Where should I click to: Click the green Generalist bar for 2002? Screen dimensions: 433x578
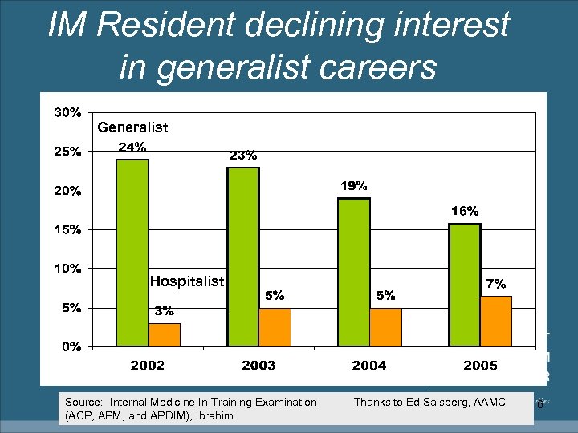(x=132, y=253)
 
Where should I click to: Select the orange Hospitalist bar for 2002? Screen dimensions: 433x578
(x=165, y=334)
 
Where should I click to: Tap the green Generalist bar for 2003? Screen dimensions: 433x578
(x=243, y=257)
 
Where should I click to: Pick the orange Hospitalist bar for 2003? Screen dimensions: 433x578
(x=275, y=327)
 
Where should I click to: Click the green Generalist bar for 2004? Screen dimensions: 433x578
(x=354, y=272)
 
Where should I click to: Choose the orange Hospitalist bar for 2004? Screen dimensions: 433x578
(x=385, y=327)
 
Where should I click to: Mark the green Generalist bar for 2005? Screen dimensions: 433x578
(x=464, y=285)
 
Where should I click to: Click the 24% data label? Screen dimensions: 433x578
(x=132, y=147)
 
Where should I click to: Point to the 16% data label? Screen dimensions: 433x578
(x=464, y=211)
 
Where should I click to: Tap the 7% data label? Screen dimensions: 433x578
(x=495, y=284)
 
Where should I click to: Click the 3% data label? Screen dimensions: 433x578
(x=164, y=310)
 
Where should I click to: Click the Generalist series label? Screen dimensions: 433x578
(x=132, y=127)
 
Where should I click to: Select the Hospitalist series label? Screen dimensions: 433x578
(x=187, y=281)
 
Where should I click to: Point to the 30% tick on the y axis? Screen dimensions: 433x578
(x=67, y=112)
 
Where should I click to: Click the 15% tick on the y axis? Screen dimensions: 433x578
(x=67, y=229)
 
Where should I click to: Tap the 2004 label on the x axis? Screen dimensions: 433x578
(x=368, y=366)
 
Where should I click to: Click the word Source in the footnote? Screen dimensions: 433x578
(x=83, y=402)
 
